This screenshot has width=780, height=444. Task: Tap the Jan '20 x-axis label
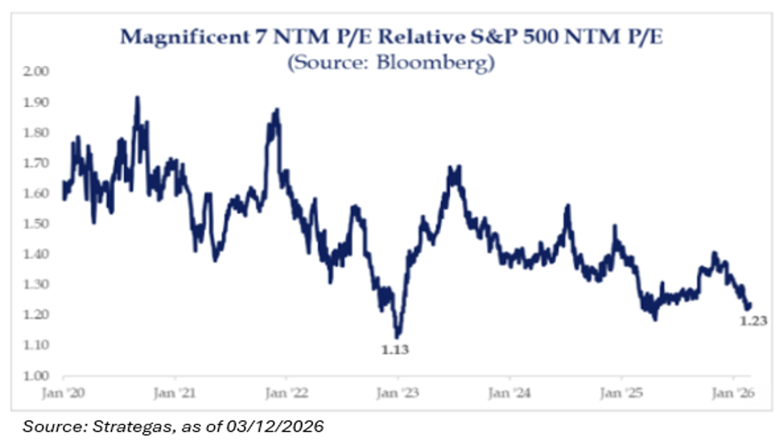63,393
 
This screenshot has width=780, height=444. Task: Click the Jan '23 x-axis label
398,393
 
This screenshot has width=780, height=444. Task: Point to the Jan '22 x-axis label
287,393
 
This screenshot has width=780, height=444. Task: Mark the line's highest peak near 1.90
137,98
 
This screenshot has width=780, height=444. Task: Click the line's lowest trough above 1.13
398,336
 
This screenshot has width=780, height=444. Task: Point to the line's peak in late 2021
276,110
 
